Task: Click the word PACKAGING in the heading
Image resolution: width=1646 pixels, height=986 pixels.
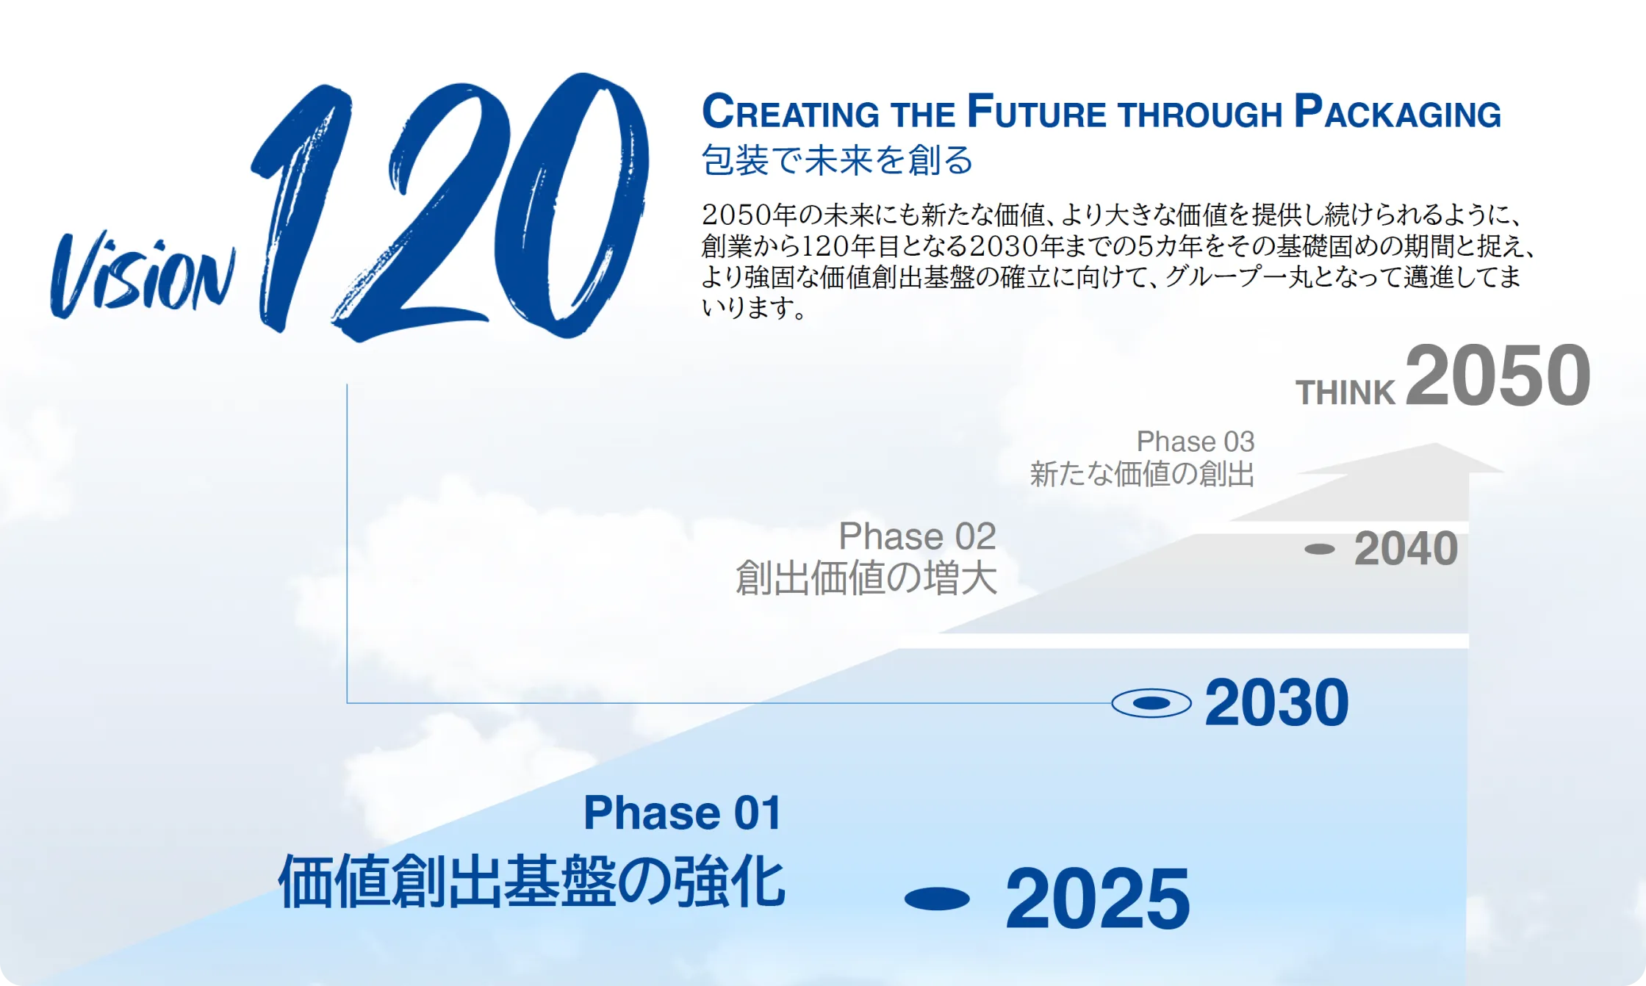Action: [1397, 113]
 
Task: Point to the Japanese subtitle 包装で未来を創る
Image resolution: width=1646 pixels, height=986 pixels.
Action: [837, 160]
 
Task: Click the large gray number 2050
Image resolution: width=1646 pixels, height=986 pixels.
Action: [1498, 376]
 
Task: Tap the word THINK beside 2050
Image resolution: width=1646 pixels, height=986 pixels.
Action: [1345, 393]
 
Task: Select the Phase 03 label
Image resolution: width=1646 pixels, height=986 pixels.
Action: [1196, 442]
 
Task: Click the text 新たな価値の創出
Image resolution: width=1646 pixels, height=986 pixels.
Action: [1142, 474]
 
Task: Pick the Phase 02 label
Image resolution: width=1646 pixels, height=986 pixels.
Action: [917, 536]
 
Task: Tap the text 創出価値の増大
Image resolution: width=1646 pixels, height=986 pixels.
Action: [866, 577]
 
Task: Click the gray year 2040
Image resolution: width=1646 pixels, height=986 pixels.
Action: [1406, 549]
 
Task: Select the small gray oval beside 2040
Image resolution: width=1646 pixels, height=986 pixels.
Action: [1320, 549]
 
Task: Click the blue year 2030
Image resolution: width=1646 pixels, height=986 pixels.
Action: [1276, 703]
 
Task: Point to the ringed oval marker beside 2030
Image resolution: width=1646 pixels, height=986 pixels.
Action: [1151, 703]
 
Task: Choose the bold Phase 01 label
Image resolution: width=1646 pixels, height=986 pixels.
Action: [683, 813]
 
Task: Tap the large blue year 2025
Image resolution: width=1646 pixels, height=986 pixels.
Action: [1097, 899]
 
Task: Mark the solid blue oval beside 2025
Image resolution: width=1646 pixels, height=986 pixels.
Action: [937, 899]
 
